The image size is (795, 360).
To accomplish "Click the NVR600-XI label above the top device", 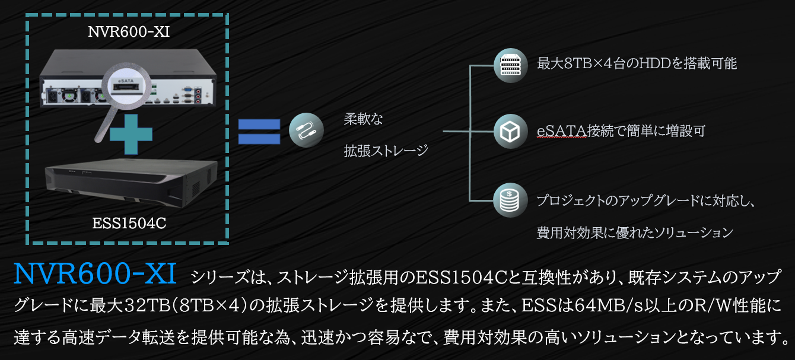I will pos(129,32).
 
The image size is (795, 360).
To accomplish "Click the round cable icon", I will pos(306,132).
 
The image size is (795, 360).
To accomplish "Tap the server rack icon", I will pos(510,65).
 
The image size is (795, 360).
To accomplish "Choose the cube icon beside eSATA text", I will pos(510,132).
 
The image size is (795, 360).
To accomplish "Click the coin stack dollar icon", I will pos(510,200).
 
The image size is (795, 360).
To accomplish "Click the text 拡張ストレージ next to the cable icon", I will pos(386,151).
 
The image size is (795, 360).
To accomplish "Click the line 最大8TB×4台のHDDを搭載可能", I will pos(637,64).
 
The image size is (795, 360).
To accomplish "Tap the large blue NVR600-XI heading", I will pos(95,274).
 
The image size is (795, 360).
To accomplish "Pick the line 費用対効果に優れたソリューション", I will pos(635,232).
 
